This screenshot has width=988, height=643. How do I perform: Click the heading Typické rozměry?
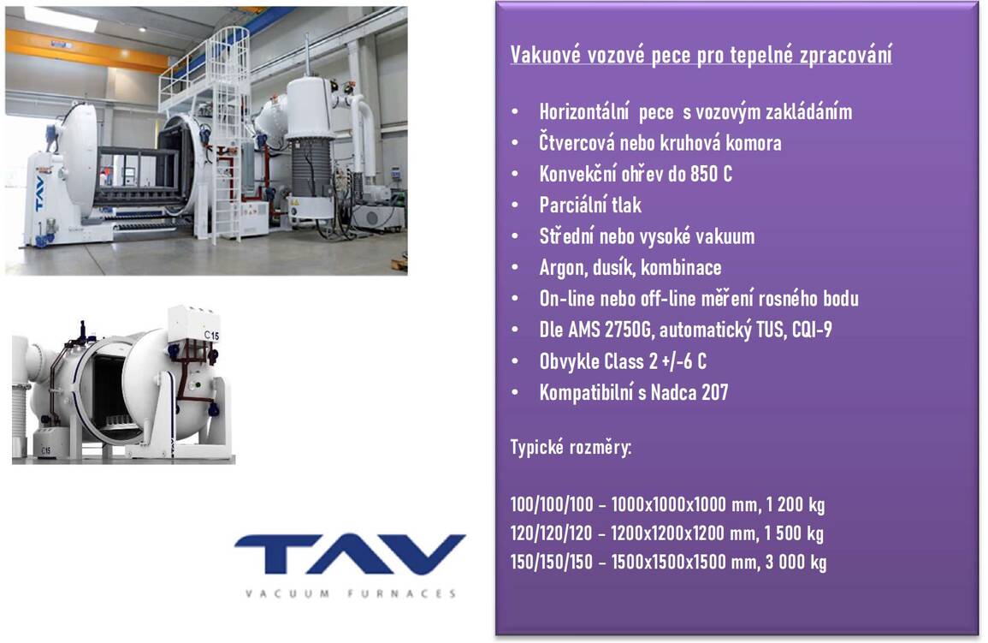(571, 448)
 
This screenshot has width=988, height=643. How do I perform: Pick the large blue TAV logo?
(351, 554)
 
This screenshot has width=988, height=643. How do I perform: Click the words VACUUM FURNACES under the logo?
(351, 593)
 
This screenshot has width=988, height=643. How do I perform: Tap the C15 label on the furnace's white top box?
(212, 335)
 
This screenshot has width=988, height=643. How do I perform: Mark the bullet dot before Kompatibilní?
(516, 392)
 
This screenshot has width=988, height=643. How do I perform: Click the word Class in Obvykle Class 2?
(624, 361)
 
